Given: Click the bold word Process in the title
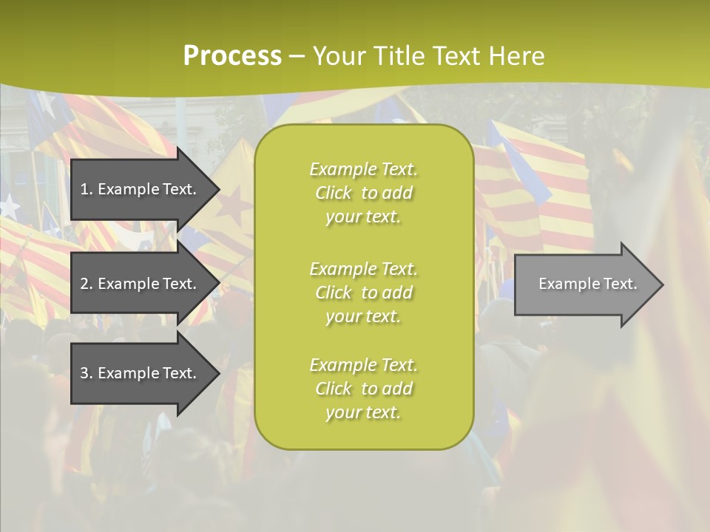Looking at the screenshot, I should coord(232,56).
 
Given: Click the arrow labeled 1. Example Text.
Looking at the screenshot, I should coord(141,189).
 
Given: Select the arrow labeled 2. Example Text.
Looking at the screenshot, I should coord(141,284).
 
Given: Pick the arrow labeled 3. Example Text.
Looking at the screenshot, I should coord(141,373).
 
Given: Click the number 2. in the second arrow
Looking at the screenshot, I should coord(87,284).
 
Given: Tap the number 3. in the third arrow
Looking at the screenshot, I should coord(87,373).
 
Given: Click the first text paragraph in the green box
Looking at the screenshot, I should coord(363,193).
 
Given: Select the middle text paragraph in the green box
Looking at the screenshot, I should coord(363,293).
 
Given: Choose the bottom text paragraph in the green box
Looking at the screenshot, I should coord(363,389).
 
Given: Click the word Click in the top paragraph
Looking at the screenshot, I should coord(334,193).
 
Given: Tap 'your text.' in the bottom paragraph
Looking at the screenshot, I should coord(363,412).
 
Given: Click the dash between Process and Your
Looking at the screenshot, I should coord(297,57).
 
